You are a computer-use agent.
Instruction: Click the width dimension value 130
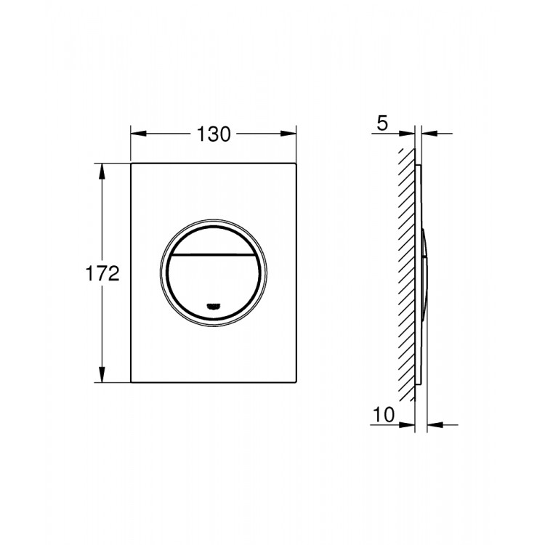tap(213, 134)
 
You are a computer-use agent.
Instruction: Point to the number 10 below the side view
tap(385, 415)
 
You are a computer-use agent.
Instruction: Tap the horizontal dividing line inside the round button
tap(214, 256)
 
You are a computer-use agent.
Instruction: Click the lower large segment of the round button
tap(214, 283)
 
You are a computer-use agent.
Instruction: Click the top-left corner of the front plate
tap(132, 165)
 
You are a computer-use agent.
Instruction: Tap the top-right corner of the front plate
tap(295, 165)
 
